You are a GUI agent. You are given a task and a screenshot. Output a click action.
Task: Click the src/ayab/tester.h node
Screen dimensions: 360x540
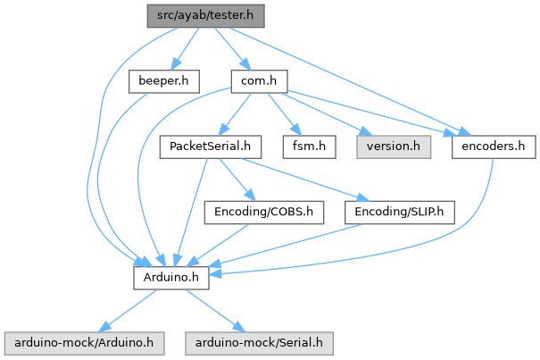point(206,15)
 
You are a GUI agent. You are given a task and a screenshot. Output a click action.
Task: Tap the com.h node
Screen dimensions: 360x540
point(258,81)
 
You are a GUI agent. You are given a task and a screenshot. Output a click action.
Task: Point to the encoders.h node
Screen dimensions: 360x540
point(494,147)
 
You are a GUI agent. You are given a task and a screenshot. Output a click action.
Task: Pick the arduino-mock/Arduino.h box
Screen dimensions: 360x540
point(85,342)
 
